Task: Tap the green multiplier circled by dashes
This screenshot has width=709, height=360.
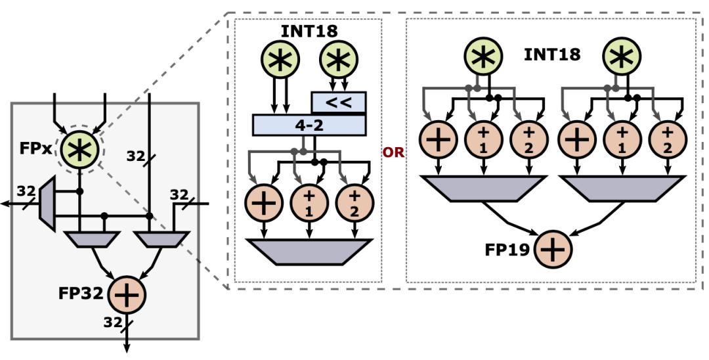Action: (x=79, y=148)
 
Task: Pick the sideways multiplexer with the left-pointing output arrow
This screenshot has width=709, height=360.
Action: (x=49, y=203)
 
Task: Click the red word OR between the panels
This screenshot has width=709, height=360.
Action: (x=393, y=152)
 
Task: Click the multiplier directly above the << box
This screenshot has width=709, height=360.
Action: (x=337, y=61)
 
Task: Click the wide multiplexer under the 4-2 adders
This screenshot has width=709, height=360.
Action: (x=308, y=252)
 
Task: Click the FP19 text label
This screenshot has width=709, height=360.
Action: (x=508, y=250)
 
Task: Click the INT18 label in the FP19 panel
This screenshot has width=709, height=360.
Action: (x=551, y=55)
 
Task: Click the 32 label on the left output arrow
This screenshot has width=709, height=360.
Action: (x=26, y=191)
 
